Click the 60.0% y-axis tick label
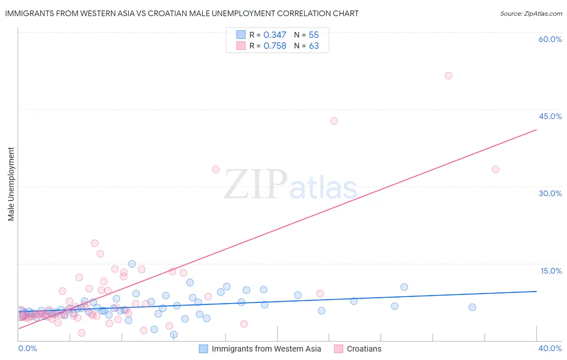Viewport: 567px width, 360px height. tap(550, 39)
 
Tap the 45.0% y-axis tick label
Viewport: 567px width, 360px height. tap(550, 116)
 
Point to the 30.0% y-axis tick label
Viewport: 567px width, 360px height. tap(550, 193)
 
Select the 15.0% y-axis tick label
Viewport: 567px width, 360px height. tap(551, 271)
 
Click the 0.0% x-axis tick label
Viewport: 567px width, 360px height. tap(27, 348)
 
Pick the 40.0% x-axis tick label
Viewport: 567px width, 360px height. tap(550, 348)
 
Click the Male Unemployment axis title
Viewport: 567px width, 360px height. tap(11, 184)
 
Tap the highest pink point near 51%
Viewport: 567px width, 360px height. tap(448, 75)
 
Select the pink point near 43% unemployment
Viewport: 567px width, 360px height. tap(334, 121)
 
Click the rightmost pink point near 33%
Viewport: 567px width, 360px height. tap(495, 170)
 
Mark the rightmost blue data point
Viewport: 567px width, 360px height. tap(472, 307)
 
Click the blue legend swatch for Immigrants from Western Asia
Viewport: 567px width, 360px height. tap(204, 349)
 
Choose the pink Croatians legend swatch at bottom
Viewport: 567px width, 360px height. tap(339, 349)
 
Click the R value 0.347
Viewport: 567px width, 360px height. tap(275, 35)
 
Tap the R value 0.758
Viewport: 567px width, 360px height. tap(275, 46)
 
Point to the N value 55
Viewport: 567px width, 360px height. tap(314, 35)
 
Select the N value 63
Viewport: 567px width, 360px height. tap(314, 46)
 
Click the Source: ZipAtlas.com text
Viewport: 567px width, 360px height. tap(531, 14)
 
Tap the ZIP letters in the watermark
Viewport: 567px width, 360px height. tap(256, 184)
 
